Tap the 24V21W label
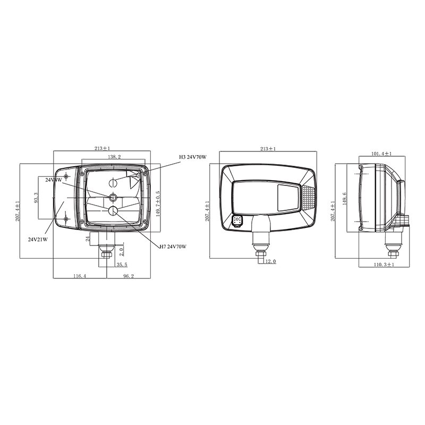coord(38,239)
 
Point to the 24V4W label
coord(54,180)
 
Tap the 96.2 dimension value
coord(128,276)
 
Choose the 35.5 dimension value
coord(122,264)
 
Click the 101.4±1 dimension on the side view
coord(381,154)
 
